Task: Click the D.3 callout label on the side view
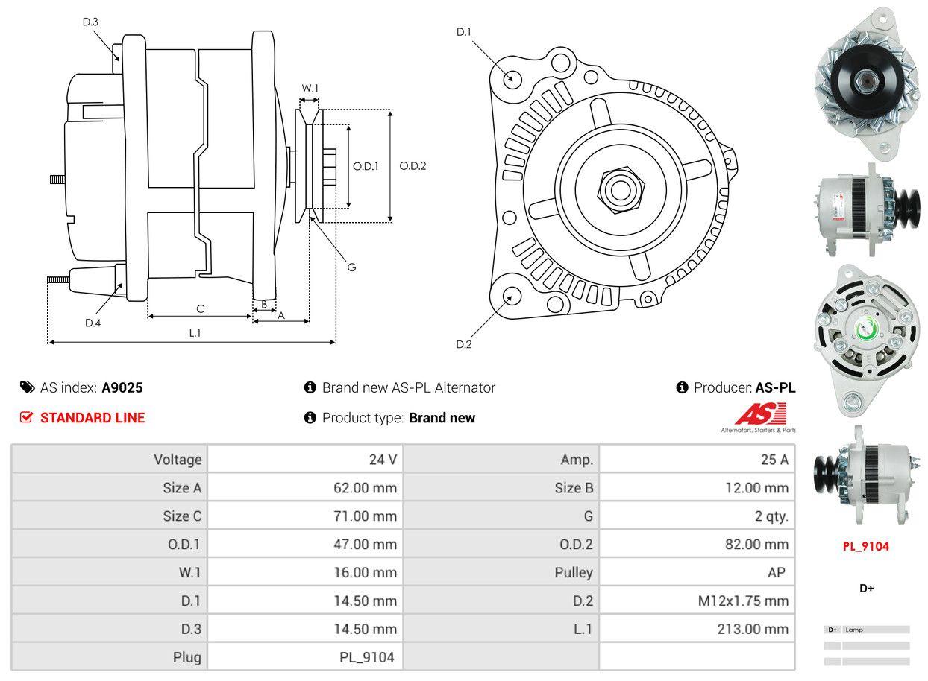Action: (90, 22)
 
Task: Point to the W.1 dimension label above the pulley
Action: (310, 88)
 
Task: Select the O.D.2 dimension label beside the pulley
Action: (413, 166)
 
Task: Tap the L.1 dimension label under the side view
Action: (195, 333)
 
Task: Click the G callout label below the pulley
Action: (351, 267)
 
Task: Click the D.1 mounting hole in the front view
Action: (512, 77)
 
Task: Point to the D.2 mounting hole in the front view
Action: (511, 296)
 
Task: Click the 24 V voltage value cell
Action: (383, 460)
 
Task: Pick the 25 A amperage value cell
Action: (774, 460)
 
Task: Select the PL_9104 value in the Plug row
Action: (366, 657)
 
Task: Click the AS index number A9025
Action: (122, 387)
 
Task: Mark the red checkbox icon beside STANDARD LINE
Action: (27, 417)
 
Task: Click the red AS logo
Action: (760, 414)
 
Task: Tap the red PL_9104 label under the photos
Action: (866, 546)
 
